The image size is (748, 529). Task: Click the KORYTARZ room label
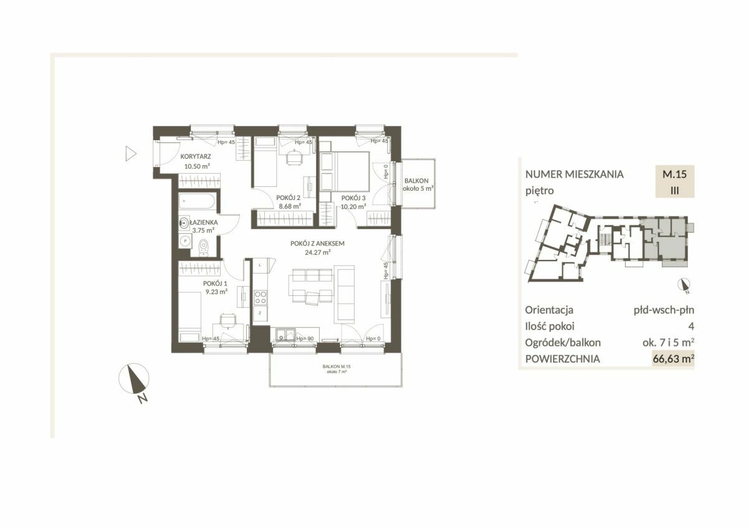[196, 156]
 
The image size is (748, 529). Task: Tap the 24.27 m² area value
[317, 252]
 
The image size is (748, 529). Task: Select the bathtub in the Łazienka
[197, 201]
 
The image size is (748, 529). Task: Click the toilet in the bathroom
[203, 249]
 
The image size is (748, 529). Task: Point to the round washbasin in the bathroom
[184, 222]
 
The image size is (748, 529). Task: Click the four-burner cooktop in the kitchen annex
[260, 298]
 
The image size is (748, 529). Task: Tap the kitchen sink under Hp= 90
[285, 335]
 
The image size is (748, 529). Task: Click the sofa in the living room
[344, 294]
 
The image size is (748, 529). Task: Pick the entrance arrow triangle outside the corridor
[130, 154]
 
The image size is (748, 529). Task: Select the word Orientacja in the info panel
[549, 310]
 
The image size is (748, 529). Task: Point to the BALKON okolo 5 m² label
[418, 184]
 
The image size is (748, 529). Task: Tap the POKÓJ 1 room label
[215, 284]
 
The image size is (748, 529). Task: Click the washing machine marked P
[185, 241]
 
